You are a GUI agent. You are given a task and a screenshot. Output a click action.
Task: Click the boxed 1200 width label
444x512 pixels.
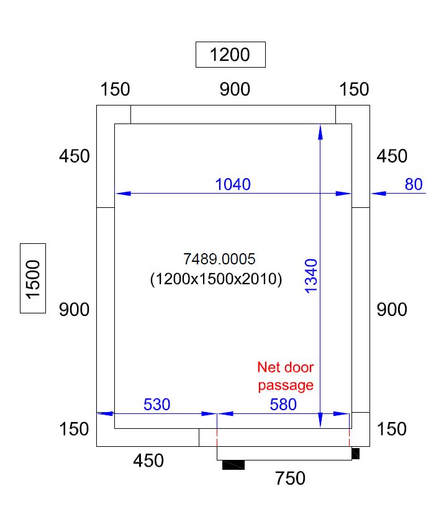click(x=230, y=55)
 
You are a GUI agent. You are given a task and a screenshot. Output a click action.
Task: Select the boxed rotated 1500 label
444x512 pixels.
click(x=33, y=279)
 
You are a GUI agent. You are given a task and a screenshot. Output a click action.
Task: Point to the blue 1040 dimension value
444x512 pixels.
click(x=233, y=184)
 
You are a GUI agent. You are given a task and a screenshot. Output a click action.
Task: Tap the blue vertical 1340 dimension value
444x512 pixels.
click(x=312, y=277)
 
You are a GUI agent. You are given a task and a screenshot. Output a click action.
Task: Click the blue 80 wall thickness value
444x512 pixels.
click(x=414, y=184)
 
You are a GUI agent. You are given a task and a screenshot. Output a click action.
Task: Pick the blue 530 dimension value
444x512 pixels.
click(x=156, y=405)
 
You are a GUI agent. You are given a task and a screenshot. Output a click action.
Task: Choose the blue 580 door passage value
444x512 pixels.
click(x=283, y=405)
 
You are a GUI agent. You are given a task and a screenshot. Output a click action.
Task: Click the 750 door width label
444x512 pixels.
click(x=290, y=478)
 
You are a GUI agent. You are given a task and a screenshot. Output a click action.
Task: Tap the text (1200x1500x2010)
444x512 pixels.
click(x=216, y=279)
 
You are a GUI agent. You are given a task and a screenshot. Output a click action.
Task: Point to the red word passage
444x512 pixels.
click(x=286, y=385)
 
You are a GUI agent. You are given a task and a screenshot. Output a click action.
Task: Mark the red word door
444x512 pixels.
click(x=298, y=367)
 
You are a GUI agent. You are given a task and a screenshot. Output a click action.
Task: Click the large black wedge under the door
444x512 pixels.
click(x=234, y=464)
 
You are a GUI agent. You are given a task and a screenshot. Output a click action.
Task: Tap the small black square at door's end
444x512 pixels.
click(x=355, y=454)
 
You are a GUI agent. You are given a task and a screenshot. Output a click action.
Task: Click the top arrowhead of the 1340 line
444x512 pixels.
click(x=320, y=130)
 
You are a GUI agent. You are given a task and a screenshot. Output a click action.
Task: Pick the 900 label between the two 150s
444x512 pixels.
click(x=235, y=89)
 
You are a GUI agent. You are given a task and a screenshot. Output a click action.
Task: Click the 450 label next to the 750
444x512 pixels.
click(x=149, y=461)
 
